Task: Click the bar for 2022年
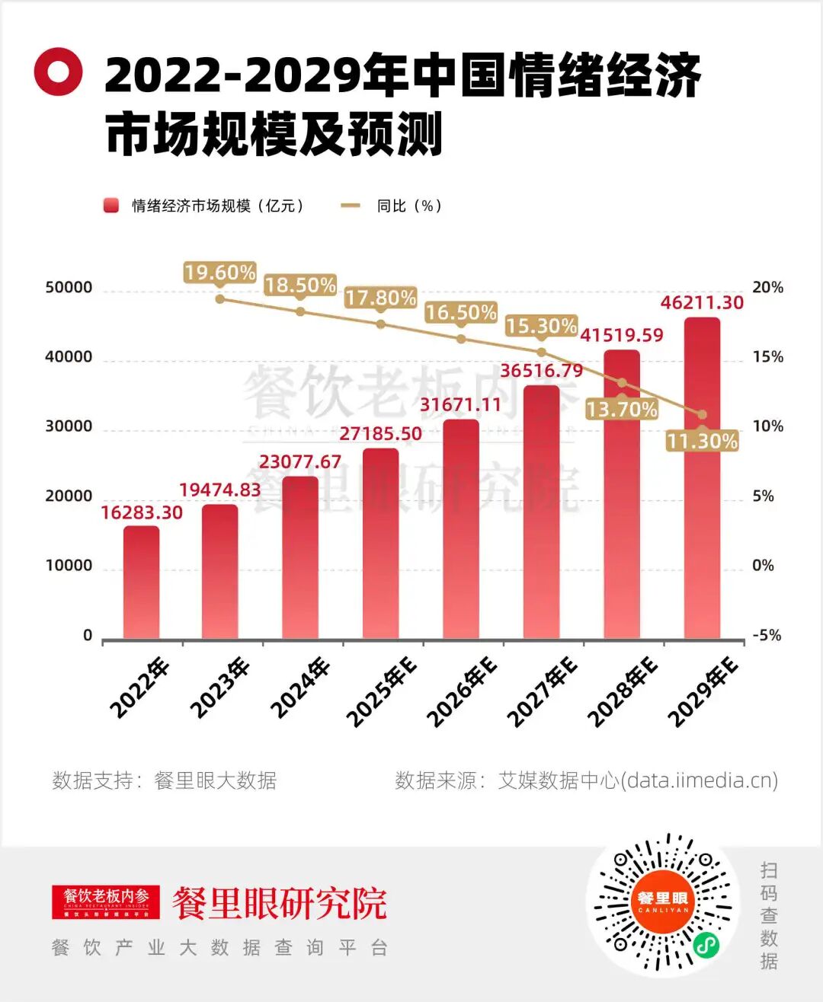(142, 582)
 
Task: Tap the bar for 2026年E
(461, 528)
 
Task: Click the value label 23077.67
(300, 462)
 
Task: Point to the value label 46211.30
(702, 302)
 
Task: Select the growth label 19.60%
(219, 273)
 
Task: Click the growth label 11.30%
(702, 441)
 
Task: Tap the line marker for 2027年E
(542, 352)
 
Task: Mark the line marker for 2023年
(220, 298)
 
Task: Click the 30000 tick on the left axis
(69, 426)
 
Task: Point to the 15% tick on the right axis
(767, 357)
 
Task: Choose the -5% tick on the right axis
(767, 635)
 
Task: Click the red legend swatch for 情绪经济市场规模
(111, 206)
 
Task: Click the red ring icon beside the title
(58, 72)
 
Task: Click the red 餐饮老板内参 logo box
(106, 901)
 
